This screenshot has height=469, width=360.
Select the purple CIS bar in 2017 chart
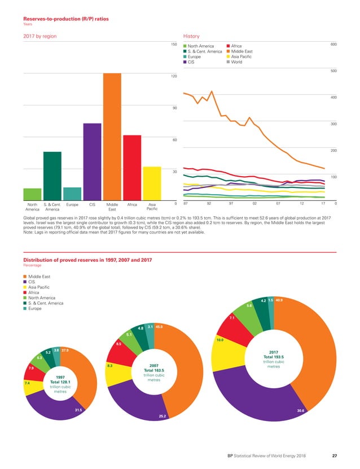coord(92,161)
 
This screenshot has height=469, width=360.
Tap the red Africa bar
coord(131,168)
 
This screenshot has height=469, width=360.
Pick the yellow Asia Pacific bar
coord(152,183)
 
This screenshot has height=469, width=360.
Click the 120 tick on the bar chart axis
coord(174,76)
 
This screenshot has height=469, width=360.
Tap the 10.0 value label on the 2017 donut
coord(219,340)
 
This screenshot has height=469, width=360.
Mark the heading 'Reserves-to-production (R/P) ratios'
coord(62,19)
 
